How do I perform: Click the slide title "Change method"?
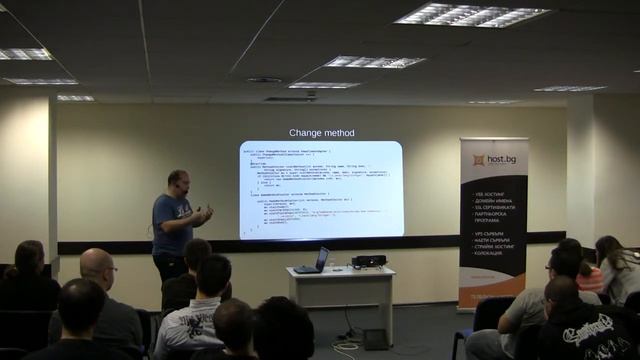coord(321,133)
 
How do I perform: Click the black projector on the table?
coord(368,261)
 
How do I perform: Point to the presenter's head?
coord(178,181)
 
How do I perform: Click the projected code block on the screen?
coord(321,189)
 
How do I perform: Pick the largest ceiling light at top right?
coord(471,15)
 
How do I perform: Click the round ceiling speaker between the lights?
coord(264,80)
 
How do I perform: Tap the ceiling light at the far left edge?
coord(22,53)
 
